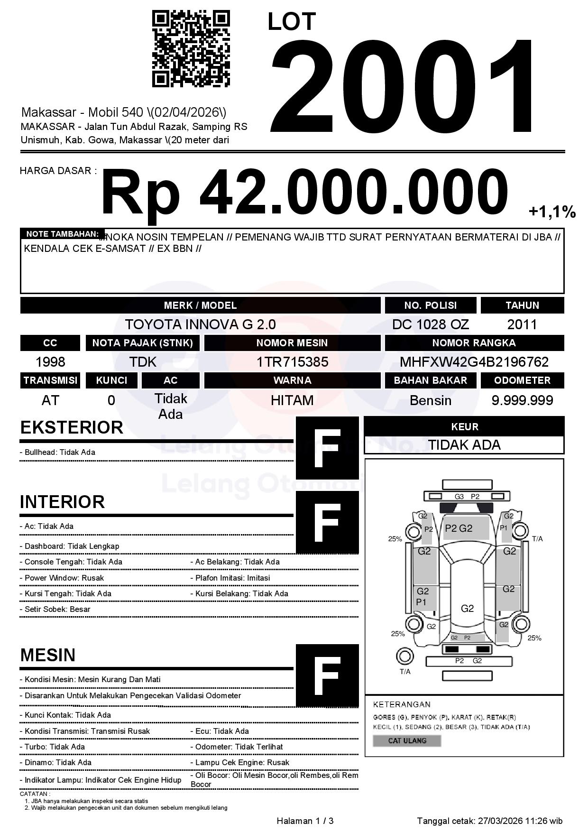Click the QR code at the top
191,49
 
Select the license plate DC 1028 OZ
430,324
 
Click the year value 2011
522,324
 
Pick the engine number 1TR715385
292,362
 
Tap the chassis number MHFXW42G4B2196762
474,362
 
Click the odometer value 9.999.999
522,400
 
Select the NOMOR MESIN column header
292,343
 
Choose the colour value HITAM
292,400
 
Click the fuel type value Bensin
430,400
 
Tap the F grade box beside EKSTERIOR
327,448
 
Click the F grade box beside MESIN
327,675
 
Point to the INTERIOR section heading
62,502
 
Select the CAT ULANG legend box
407,740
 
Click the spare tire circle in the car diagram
405,656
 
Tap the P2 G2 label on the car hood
459,528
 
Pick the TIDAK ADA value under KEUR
464,445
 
